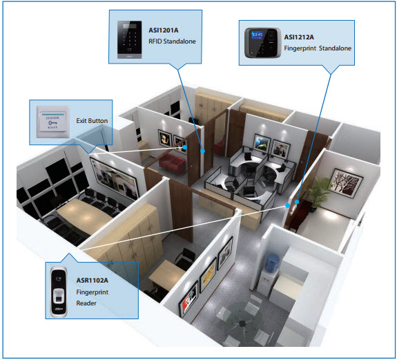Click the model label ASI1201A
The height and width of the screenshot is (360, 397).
point(164,30)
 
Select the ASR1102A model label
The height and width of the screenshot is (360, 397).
point(92,281)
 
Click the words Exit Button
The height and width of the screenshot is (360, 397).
point(92,121)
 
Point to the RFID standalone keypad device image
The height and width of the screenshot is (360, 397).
point(129,40)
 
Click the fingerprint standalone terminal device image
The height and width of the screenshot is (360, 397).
point(263,43)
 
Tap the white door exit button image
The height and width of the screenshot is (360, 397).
point(53,122)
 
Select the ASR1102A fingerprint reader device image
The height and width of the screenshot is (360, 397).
point(59,292)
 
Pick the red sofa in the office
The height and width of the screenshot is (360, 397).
point(172,163)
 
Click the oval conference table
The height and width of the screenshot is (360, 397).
point(84,215)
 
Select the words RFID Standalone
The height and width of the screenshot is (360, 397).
point(172,41)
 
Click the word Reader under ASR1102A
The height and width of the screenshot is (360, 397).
point(86,303)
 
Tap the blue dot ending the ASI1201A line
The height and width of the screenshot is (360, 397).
point(202,151)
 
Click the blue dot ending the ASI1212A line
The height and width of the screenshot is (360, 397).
point(297,202)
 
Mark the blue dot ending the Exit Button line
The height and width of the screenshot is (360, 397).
point(185,147)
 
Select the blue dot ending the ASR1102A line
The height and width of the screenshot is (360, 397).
point(288,206)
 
